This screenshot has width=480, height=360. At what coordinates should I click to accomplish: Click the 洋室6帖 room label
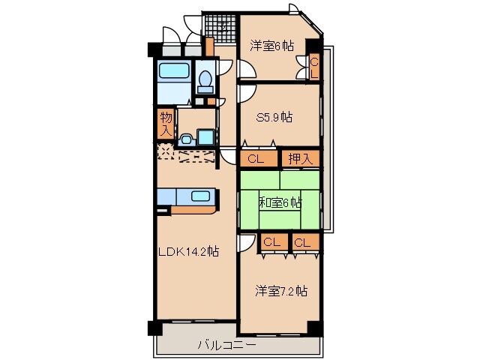pyautogui.click(x=271, y=46)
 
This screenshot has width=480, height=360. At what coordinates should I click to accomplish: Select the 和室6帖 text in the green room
pyautogui.click(x=280, y=202)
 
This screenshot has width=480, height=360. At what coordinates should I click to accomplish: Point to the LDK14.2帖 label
pyautogui.click(x=187, y=252)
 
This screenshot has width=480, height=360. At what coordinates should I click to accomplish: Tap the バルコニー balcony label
pyautogui.click(x=226, y=346)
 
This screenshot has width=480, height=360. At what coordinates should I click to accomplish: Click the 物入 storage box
pyautogui.click(x=166, y=123)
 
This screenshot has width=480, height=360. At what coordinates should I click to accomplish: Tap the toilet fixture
pyautogui.click(x=204, y=79)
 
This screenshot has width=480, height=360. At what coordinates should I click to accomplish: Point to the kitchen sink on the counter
pyautogui.click(x=200, y=196)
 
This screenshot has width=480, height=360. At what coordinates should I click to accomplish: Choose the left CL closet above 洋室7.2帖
pyautogui.click(x=271, y=242)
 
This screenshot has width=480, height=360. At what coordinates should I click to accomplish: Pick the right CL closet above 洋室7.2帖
pyautogui.click(x=301, y=242)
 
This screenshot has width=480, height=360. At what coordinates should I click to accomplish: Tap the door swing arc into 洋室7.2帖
pyautogui.click(x=245, y=244)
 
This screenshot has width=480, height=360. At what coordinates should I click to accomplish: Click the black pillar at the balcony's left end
pyautogui.click(x=154, y=328)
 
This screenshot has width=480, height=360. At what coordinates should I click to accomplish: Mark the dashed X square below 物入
pyautogui.click(x=165, y=151)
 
